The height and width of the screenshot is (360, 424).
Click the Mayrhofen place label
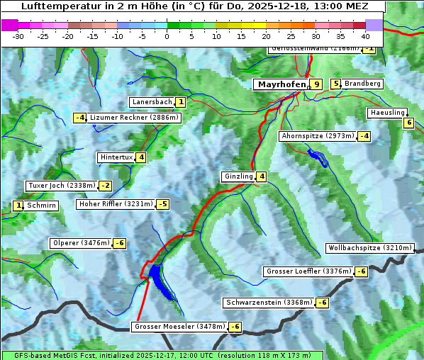point(281,84)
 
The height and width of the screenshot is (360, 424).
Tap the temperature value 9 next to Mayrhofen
point(316,84)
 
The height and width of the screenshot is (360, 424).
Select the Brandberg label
point(362,84)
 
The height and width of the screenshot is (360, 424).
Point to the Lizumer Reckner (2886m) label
point(133,118)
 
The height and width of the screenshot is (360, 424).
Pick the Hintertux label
point(117,157)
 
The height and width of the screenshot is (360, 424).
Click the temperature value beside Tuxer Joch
point(105,186)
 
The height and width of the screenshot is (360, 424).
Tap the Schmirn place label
point(42,206)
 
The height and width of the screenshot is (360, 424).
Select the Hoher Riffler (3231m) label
point(115,204)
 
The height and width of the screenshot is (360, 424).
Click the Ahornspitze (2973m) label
point(318,135)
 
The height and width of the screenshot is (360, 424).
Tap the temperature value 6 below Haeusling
point(408,123)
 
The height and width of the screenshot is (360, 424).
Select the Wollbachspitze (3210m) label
point(369,248)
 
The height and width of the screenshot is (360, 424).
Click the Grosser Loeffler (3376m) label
point(308,271)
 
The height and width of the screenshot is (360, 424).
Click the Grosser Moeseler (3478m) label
point(179,327)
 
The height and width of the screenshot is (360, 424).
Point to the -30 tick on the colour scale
point(18,35)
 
